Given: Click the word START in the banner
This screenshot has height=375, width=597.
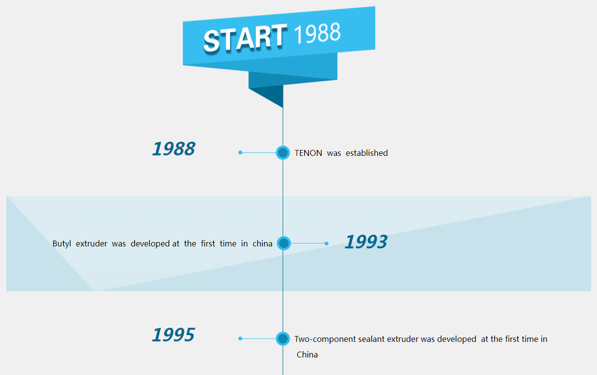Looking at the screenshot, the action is coord(245,38).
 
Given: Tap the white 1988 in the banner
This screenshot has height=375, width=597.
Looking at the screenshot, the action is coord(317,33).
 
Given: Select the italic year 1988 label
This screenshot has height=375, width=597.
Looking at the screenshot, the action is coord(173,149).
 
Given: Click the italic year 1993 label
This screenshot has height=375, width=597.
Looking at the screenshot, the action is coord(366,242).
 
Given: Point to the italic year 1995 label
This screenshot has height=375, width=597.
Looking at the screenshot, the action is coord(173,335).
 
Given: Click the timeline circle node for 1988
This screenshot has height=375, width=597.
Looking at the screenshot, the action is coord(283,152).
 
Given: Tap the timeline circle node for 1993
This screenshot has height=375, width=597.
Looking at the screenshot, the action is coord(284,243).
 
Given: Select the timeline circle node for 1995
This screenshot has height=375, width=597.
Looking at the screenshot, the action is coord(283,338).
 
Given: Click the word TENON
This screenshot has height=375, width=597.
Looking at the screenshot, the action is coord(308,153).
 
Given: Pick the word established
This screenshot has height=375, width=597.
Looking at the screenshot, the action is coord(366,153).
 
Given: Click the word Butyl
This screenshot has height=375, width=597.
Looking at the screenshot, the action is coord(61,244).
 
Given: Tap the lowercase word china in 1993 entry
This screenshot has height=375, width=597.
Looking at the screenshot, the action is coord(262,244).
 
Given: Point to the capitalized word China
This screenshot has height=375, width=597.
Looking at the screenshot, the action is coord(307,355).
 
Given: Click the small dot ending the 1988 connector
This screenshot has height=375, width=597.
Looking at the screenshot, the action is coord(240,152).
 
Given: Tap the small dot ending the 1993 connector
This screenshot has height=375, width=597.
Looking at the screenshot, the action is coord(327,244).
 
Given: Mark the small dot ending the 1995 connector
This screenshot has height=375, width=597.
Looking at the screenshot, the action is coord(240,338).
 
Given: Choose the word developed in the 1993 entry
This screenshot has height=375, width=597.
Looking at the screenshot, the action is coord(150,244).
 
